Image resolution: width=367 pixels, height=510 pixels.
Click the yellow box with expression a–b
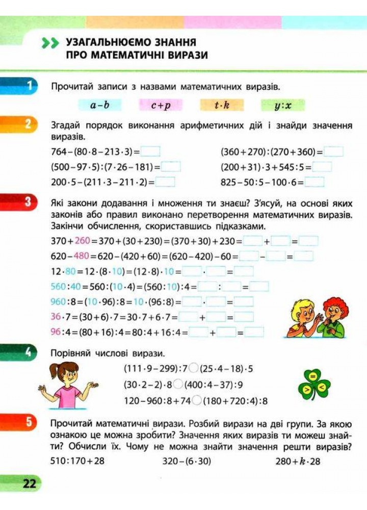click(100, 106)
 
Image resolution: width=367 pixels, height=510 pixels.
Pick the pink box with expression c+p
click(161, 106)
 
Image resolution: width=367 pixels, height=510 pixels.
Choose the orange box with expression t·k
click(222, 106)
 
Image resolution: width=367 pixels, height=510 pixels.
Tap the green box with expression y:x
click(282, 106)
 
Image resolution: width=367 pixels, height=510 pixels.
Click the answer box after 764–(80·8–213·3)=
click(150, 151)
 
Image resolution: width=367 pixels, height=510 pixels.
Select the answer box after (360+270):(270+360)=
click(333, 151)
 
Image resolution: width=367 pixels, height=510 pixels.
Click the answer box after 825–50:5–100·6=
click(314, 182)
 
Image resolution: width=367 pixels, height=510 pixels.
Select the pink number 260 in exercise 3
click(82, 241)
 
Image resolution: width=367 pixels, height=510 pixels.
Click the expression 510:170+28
click(77, 461)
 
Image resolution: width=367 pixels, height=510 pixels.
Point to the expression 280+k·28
click(298, 461)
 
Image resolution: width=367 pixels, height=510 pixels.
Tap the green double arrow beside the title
click(51, 44)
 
